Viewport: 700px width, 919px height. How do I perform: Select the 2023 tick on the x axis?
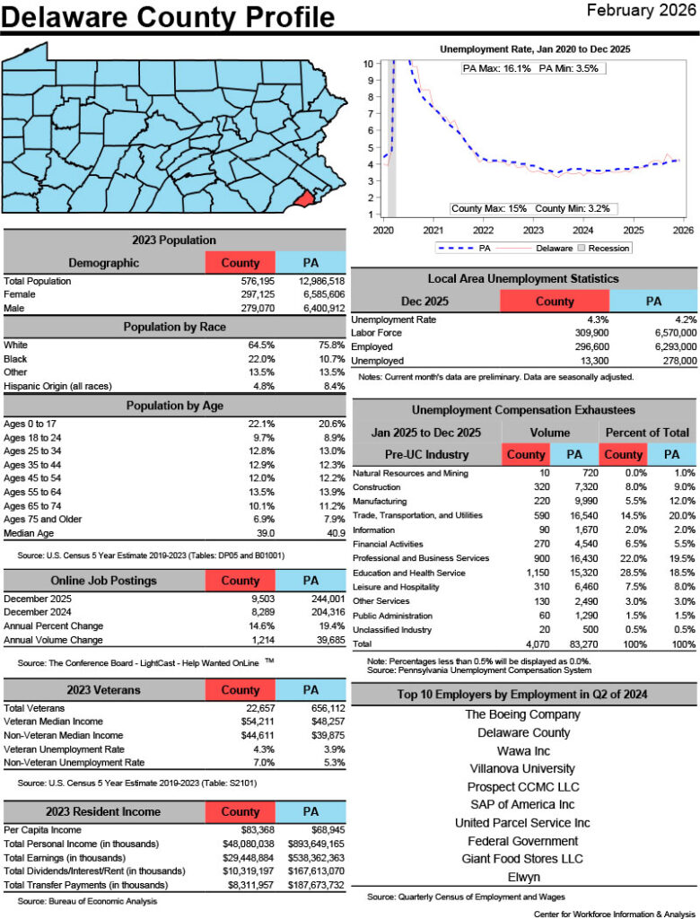click(x=532, y=230)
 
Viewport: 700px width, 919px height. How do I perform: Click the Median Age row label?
click(x=27, y=532)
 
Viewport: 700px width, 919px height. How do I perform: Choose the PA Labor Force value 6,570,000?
click(x=667, y=333)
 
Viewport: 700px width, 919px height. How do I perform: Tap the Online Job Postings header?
click(x=103, y=581)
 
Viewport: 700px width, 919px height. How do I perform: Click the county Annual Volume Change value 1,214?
click(x=259, y=640)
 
